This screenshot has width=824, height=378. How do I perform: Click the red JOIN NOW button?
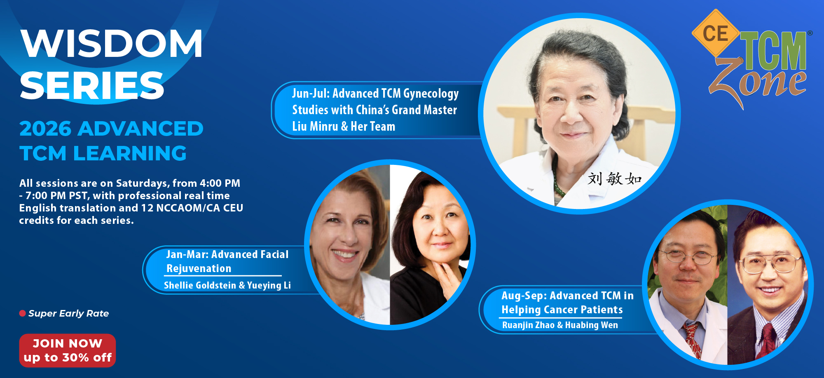click(68, 350)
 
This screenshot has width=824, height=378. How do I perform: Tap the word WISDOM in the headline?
click(112, 43)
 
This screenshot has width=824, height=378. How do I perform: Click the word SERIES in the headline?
click(92, 85)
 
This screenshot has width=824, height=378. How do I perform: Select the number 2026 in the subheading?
click(45, 129)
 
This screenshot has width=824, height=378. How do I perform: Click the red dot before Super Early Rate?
click(23, 313)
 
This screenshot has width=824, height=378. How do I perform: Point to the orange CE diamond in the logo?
click(716, 33)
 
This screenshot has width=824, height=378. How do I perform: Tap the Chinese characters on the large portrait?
click(614, 179)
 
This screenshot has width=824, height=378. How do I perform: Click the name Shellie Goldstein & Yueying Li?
click(227, 285)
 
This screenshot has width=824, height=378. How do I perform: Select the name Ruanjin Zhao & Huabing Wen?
click(560, 325)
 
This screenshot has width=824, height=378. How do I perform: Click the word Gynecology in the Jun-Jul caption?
click(431, 94)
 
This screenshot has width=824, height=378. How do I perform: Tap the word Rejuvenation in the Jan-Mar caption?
click(199, 268)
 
